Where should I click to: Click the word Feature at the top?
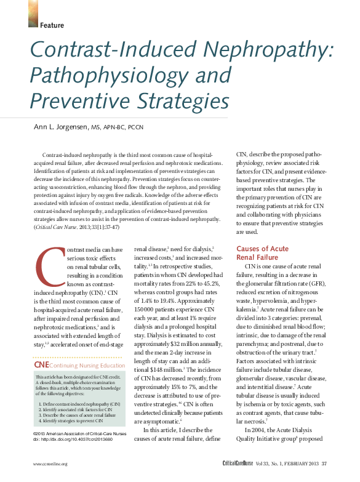52,25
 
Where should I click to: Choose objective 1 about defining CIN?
77,404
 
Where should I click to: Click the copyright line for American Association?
81,434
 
